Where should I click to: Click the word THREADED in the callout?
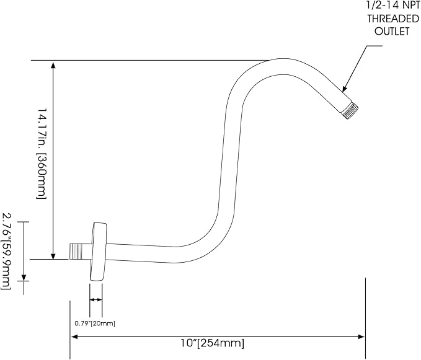(x=393, y=19)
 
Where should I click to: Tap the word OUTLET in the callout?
(x=392, y=31)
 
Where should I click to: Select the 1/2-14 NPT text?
(x=393, y=4)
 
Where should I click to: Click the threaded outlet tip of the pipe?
(x=351, y=110)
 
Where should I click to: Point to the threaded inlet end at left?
(x=77, y=252)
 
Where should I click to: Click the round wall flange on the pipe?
(x=98, y=252)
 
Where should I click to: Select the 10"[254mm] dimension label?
(x=213, y=343)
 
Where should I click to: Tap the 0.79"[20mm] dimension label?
(x=95, y=323)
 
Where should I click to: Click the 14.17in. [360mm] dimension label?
(x=42, y=154)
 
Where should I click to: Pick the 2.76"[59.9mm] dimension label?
(x=6, y=252)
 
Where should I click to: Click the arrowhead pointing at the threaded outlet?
(x=345, y=89)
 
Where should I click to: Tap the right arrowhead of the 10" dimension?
(x=361, y=337)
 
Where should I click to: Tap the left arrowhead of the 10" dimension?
(x=75, y=337)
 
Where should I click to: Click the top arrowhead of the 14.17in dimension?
(x=53, y=65)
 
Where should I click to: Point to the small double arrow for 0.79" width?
(x=96, y=300)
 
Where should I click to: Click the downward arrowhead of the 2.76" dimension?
(x=24, y=277)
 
